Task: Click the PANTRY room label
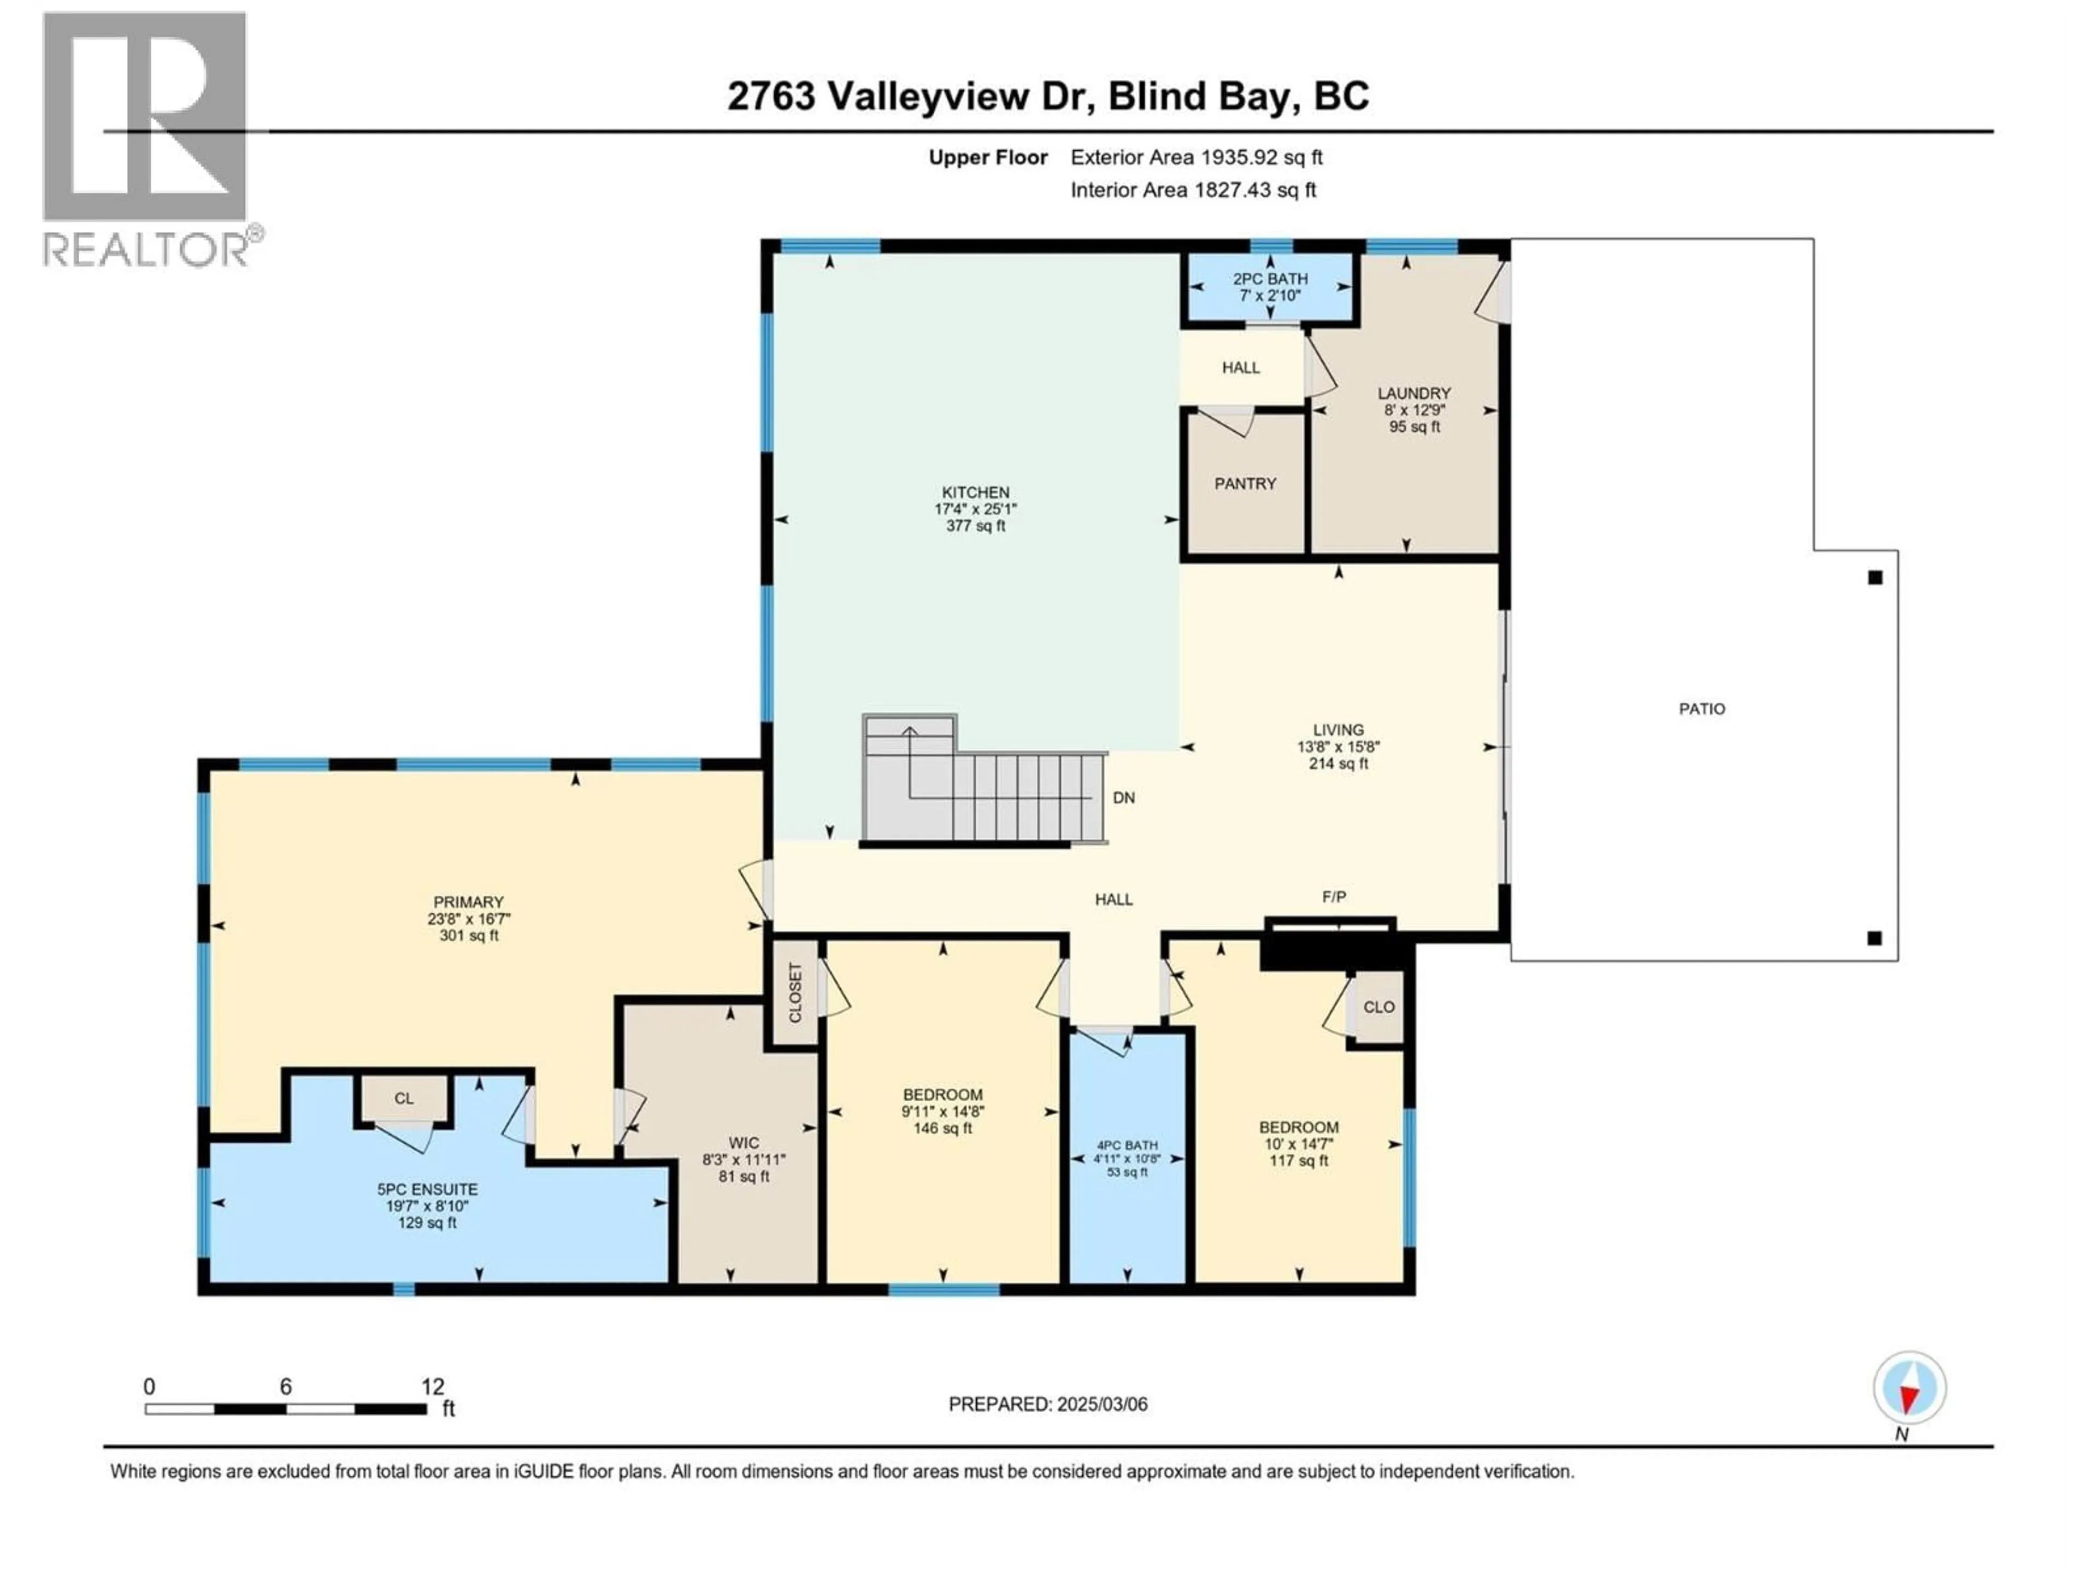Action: pyautogui.click(x=1245, y=484)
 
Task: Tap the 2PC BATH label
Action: pyautogui.click(x=1270, y=279)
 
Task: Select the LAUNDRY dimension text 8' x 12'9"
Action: pyautogui.click(x=1414, y=410)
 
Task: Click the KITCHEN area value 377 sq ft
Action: pyautogui.click(x=975, y=526)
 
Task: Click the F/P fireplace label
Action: pyautogui.click(x=1334, y=897)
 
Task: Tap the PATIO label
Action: pyautogui.click(x=1701, y=709)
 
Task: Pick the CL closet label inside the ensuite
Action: pyautogui.click(x=404, y=1099)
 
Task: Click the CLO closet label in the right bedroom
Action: pyautogui.click(x=1379, y=1007)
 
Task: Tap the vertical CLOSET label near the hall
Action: pyautogui.click(x=795, y=992)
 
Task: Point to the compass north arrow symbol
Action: pyautogui.click(x=1910, y=1388)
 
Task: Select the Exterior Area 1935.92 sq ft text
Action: pyautogui.click(x=1196, y=157)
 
